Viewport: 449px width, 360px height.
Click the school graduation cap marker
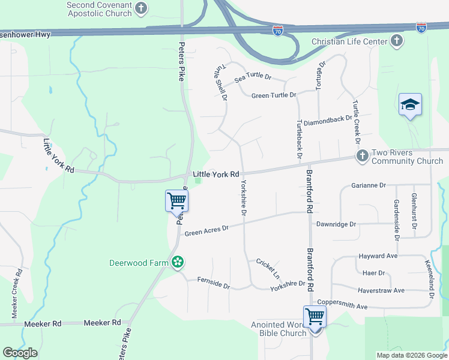411,105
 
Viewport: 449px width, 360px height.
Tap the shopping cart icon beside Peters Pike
176,200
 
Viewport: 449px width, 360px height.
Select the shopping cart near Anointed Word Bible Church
315,316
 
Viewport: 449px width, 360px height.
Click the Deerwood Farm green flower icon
177,262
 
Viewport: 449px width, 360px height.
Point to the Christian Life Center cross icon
396,41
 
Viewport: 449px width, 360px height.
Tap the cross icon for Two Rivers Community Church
362,156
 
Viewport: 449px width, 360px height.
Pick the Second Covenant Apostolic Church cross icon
140,8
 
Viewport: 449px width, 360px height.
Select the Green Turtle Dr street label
274,95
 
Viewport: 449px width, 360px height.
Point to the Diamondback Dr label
328,120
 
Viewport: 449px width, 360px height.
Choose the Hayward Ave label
378,256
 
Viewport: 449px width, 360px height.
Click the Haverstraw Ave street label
381,290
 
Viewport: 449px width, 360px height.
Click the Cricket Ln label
268,268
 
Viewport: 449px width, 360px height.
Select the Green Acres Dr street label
207,230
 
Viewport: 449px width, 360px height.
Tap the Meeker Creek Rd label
17,293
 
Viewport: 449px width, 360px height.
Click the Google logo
20,353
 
